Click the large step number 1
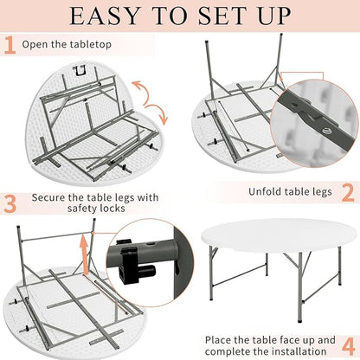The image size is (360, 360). click(10, 45)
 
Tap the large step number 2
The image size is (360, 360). click(348, 192)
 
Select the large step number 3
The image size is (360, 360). click(10, 203)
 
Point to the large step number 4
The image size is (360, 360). click(348, 345)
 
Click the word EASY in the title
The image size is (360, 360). click(105, 16)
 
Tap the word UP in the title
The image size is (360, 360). click(274, 16)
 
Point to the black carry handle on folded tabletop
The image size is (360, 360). click(80, 71)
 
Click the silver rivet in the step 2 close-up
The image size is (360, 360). click(326, 131)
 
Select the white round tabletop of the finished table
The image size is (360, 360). click(279, 235)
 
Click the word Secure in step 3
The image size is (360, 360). click(48, 197)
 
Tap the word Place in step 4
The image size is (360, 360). click(218, 340)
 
